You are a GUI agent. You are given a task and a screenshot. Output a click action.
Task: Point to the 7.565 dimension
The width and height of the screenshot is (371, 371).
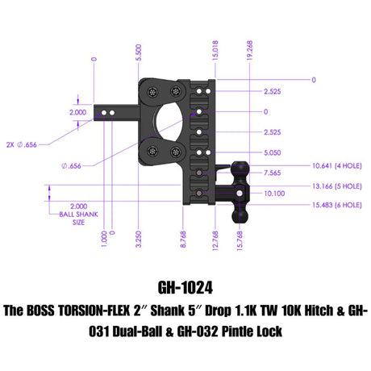270,172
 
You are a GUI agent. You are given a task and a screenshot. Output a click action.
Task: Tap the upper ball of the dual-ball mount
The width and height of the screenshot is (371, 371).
240,169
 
